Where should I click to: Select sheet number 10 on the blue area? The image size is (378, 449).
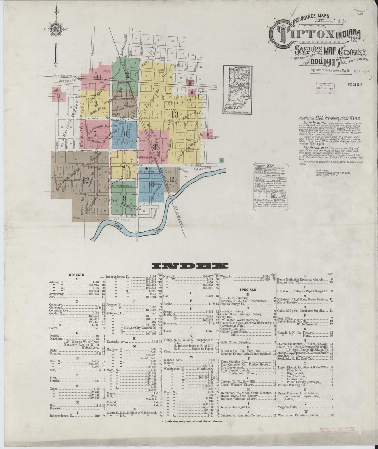pyautogui.click(x=151, y=184)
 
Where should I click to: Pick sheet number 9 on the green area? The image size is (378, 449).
pyautogui.click(x=125, y=197)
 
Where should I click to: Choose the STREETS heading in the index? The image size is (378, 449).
pyautogui.click(x=76, y=275)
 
